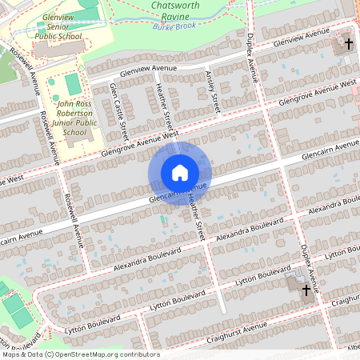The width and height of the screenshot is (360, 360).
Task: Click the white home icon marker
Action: click(x=180, y=172)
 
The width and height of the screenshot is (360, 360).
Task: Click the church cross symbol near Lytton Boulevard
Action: click(x=306, y=290)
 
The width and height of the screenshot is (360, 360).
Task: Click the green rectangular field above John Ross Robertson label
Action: click(x=73, y=83)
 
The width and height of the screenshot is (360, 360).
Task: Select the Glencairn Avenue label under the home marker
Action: click(x=178, y=193)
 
